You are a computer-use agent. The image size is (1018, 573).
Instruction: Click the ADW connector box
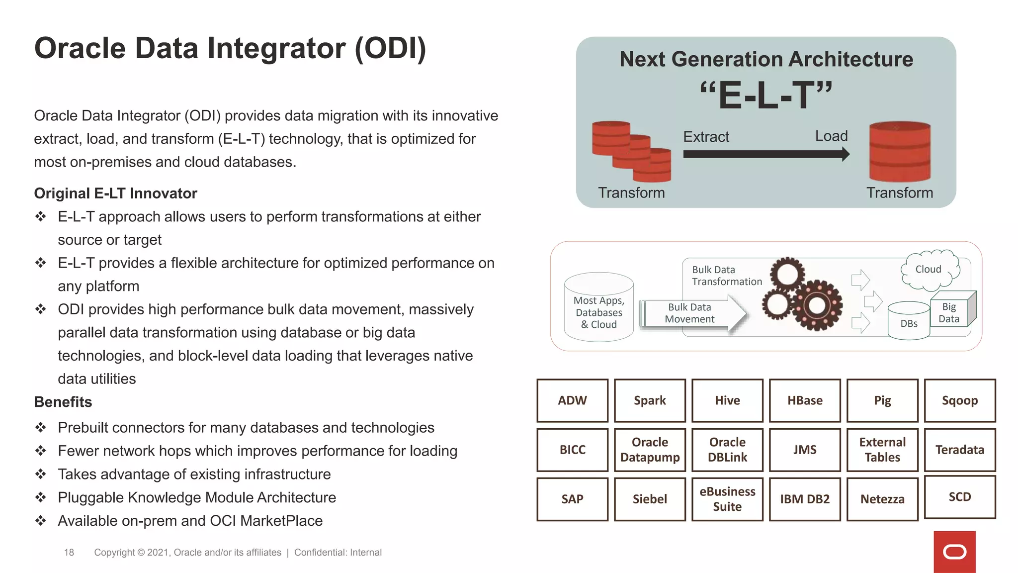coord(572,400)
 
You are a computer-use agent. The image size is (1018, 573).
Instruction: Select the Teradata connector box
coord(959,450)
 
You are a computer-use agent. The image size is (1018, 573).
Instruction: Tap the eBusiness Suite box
coord(727,499)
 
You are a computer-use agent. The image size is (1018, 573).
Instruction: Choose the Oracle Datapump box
coord(650,450)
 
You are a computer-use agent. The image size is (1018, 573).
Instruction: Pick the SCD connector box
coord(959,497)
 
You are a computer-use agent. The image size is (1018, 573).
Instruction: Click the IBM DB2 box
coord(805,499)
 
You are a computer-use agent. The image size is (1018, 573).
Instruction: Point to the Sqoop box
coord(959,400)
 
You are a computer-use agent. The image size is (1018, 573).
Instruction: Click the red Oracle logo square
coord(954,552)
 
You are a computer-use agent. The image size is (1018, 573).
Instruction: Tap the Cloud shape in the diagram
coord(929,270)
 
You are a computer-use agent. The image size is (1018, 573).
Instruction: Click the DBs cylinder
coord(909,321)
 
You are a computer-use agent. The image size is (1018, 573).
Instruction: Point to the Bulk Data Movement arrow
coord(693,313)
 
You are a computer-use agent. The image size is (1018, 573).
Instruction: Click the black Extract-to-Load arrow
coord(765,154)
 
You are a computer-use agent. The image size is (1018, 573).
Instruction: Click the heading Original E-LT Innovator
coord(115,193)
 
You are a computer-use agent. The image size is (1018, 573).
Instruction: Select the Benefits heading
coord(63,402)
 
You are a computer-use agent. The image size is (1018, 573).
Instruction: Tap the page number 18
coord(69,552)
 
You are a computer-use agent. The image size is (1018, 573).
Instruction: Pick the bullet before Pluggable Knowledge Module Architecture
coord(41,497)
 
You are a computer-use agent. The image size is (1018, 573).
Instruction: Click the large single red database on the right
coord(899,152)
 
